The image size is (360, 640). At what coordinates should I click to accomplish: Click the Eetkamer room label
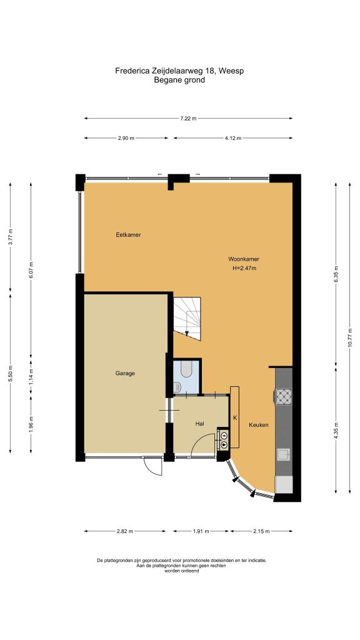click(128, 235)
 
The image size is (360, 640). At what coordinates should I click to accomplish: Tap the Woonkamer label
click(244, 259)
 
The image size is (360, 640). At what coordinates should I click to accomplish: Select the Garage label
click(125, 373)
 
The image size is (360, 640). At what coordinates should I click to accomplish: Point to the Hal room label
click(199, 424)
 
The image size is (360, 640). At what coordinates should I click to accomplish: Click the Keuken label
click(259, 425)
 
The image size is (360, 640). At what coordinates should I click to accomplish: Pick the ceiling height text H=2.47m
click(244, 268)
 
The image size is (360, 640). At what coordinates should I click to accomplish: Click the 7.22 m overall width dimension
click(188, 118)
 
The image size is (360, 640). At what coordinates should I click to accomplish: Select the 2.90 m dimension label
click(126, 138)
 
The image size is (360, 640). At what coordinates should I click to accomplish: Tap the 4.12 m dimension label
click(233, 138)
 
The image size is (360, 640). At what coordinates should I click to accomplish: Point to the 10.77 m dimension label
click(350, 337)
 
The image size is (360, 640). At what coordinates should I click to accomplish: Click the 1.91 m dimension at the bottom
click(201, 531)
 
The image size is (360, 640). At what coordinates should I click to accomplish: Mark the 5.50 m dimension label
click(10, 374)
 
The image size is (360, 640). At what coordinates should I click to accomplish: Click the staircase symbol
click(187, 318)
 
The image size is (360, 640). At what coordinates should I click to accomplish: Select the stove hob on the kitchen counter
click(284, 396)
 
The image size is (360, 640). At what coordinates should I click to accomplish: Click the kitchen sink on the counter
click(283, 454)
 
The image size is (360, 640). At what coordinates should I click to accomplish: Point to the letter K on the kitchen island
click(235, 417)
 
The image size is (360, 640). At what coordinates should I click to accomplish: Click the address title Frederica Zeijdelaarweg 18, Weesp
click(179, 71)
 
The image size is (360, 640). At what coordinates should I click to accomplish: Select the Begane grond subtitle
click(179, 80)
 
